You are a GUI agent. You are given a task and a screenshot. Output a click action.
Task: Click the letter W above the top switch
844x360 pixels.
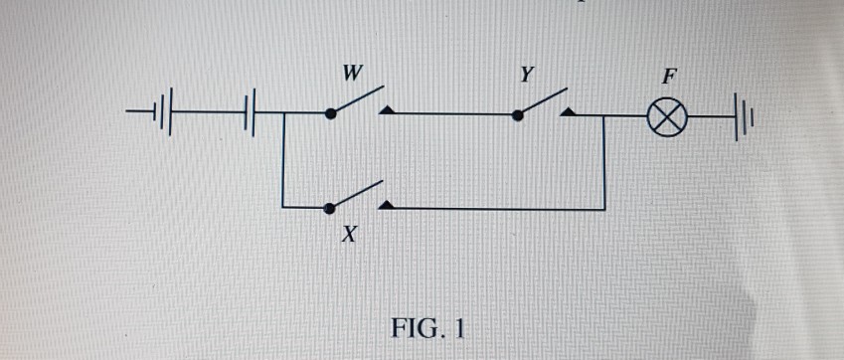[x=350, y=73]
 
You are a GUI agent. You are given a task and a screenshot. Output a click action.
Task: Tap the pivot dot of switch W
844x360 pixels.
[x=330, y=114]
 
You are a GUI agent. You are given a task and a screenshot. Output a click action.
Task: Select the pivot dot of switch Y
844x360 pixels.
[x=517, y=115]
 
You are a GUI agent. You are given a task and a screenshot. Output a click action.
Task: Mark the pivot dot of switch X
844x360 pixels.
[x=330, y=208]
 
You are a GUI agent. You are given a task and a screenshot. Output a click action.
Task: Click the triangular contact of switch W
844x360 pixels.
[x=386, y=110]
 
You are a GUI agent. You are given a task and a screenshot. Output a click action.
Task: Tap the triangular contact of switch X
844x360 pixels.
[x=386, y=204]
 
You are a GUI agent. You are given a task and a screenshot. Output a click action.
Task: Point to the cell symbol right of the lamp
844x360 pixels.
[x=744, y=114]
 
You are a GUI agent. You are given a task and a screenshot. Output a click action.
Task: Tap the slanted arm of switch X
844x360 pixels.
[x=357, y=195]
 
